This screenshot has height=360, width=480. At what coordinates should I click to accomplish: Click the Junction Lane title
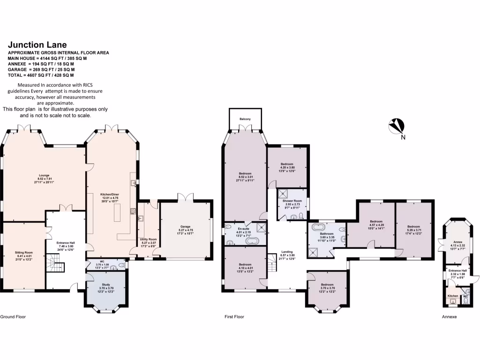tap(37, 45)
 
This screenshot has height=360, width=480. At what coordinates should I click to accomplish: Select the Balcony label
tap(245, 119)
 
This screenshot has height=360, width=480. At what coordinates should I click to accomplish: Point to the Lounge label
tap(44, 176)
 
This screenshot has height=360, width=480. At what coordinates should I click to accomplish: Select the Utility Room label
tap(148, 239)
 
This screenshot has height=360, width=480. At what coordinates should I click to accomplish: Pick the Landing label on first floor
tap(286, 251)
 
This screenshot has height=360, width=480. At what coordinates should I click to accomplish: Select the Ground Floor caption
tap(13, 317)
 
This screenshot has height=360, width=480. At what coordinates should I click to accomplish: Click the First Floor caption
tap(234, 317)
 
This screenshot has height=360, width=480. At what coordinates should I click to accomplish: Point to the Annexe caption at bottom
tap(449, 317)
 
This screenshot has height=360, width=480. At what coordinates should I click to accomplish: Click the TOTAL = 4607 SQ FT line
tap(41, 75)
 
